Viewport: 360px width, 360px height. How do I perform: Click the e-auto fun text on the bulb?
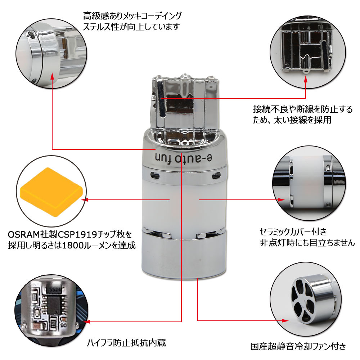pos(183,157)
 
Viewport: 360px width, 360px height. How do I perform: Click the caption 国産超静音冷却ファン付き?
pos(298,346)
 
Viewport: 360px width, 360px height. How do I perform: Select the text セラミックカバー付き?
pos(293,231)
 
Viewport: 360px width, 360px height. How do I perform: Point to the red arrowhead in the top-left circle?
pos(53,77)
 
